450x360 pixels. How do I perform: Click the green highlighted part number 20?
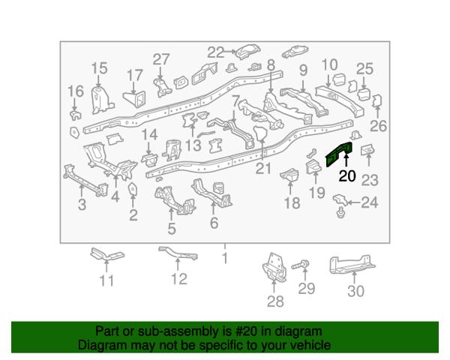click(339, 154)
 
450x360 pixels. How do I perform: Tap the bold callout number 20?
click(347, 176)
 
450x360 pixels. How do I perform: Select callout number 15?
click(99, 68)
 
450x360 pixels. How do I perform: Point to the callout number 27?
click(161, 59)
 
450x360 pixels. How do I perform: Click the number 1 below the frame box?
click(225, 258)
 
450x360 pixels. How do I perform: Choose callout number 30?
click(355, 291)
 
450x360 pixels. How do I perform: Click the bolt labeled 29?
click(301, 265)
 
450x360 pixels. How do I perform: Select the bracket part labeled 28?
click(274, 268)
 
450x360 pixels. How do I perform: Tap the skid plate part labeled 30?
click(352, 265)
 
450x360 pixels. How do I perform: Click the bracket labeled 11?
click(107, 255)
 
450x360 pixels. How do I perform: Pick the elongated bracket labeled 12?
click(178, 253)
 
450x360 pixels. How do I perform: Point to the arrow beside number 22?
click(229, 52)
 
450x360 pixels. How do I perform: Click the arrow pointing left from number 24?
click(354, 202)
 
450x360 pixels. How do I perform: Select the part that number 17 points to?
click(135, 98)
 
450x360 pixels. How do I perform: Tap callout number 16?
click(76, 91)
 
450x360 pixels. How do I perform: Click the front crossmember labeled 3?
click(85, 180)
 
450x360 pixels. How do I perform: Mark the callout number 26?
click(378, 126)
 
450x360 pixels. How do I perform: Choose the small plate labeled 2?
click(132, 188)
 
